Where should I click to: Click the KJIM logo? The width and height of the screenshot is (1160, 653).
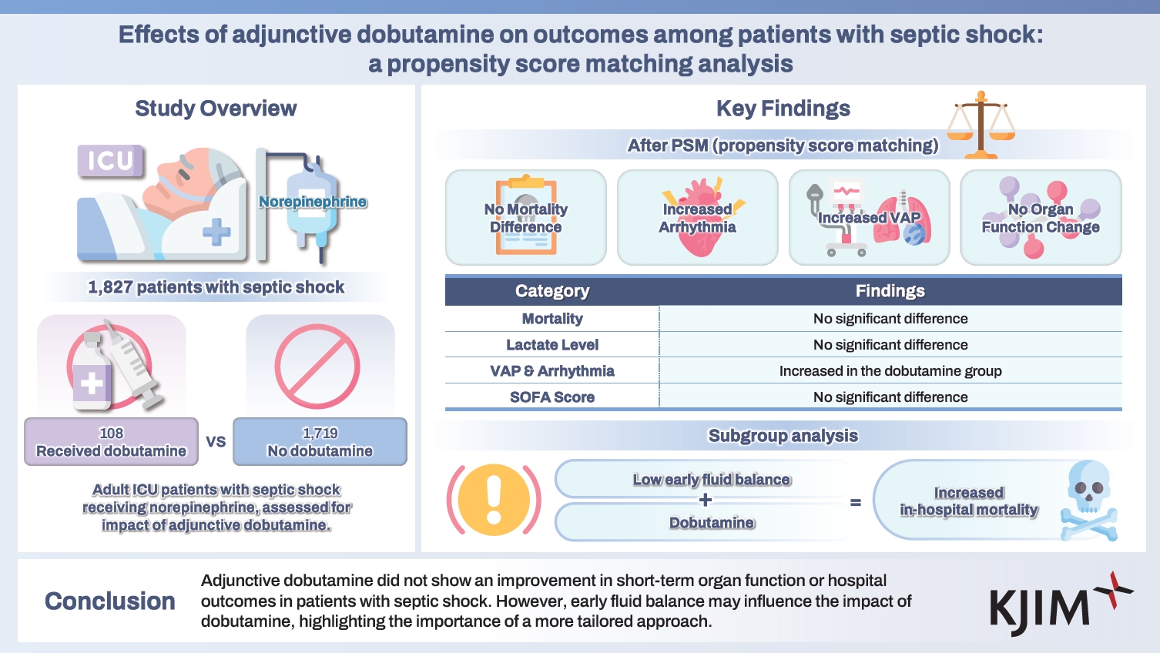pyautogui.click(x=1058, y=604)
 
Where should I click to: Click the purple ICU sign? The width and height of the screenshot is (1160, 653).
pyautogui.click(x=111, y=161)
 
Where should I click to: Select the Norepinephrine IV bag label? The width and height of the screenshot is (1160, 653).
pyautogui.click(x=312, y=202)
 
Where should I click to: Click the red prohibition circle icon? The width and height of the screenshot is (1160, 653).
pyautogui.click(x=317, y=367)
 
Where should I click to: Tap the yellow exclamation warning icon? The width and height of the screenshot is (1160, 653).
pyautogui.click(x=494, y=500)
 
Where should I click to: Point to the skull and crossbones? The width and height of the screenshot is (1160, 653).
pyautogui.click(x=1088, y=501)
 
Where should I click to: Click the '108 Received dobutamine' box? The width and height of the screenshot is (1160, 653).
pyautogui.click(x=111, y=442)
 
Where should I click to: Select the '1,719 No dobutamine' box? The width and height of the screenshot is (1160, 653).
pyautogui.click(x=320, y=442)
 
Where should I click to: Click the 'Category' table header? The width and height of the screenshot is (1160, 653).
pyautogui.click(x=552, y=291)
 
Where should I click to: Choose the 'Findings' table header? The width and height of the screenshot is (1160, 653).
pyautogui.click(x=890, y=291)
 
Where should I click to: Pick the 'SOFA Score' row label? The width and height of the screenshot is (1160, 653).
pyautogui.click(x=552, y=397)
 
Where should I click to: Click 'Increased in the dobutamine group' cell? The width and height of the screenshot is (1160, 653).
pyautogui.click(x=890, y=371)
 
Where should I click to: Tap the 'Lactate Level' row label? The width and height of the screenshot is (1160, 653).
pyautogui.click(x=552, y=345)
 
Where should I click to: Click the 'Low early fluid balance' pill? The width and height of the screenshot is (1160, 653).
pyautogui.click(x=711, y=480)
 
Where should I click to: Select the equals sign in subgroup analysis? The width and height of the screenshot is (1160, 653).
pyautogui.click(x=855, y=503)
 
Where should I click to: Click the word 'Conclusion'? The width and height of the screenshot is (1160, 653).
pyautogui.click(x=110, y=601)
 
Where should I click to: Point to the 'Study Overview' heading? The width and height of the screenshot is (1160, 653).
pyautogui.click(x=216, y=109)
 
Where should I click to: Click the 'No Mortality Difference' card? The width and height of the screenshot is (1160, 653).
pyautogui.click(x=526, y=218)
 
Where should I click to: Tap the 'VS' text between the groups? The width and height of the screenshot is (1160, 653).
pyautogui.click(x=216, y=442)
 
